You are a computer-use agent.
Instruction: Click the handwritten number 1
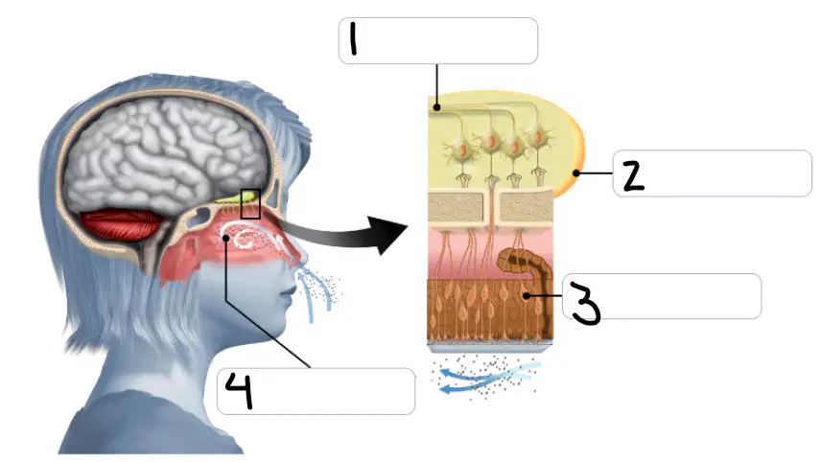pos(354,37)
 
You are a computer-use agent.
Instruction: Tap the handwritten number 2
pos(633,175)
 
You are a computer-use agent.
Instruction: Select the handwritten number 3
pos(586,303)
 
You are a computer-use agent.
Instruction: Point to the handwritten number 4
pos(239,390)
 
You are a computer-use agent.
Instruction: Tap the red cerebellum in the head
pos(120,224)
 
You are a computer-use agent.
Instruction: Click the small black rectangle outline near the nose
pos(250,204)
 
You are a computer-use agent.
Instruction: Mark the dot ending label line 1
pos(436,107)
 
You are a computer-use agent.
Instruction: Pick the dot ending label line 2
pos(575,173)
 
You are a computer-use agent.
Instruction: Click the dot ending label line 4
pos(226,239)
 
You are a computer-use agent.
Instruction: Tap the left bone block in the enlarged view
pos(456,206)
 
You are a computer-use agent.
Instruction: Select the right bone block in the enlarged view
pos(527,206)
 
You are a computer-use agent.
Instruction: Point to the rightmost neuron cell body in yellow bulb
pos(538,138)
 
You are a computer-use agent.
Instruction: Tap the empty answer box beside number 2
pos(712,173)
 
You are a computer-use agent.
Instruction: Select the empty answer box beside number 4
pos(316,391)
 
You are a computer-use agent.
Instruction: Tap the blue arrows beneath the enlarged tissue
pos(483,378)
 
